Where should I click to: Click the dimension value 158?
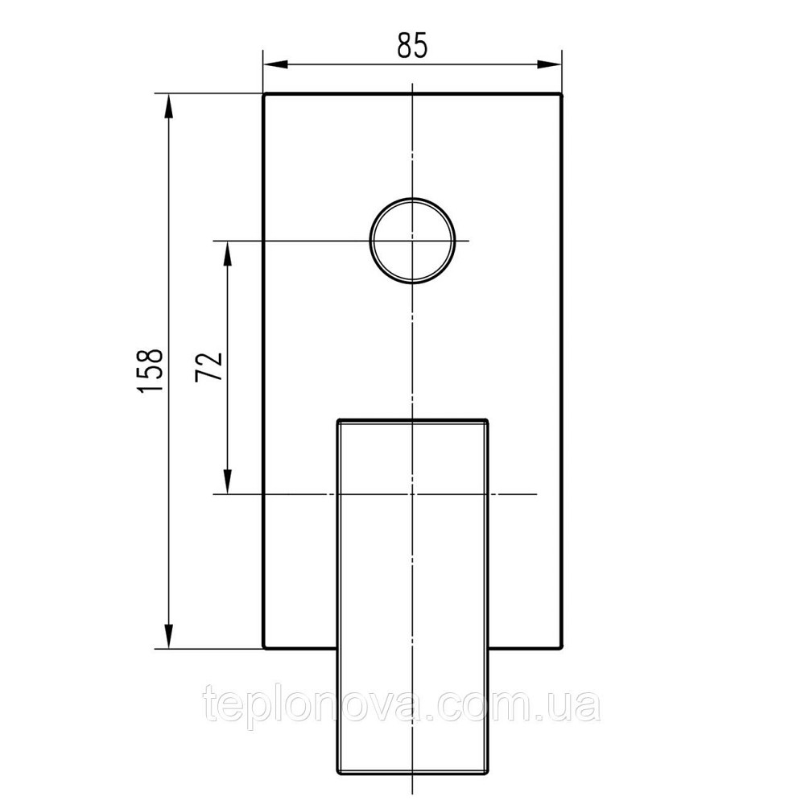[x=151, y=370]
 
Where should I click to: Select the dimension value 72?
[x=209, y=366]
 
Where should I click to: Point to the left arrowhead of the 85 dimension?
[x=275, y=64]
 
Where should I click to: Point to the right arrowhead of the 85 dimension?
[x=549, y=64]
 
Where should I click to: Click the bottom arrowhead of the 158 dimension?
[x=168, y=636]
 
